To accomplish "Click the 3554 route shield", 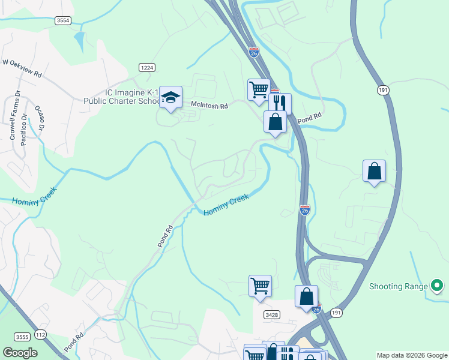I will (x=62, y=20).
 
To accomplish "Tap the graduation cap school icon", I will (x=170, y=97).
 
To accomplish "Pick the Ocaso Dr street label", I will (x=40, y=118).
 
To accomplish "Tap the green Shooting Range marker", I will (x=437, y=286).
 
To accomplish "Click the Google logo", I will (x=20, y=353).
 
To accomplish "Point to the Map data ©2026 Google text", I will (x=412, y=355).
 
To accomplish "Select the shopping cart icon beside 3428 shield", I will (x=260, y=284).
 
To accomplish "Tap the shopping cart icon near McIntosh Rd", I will (x=258, y=89).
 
